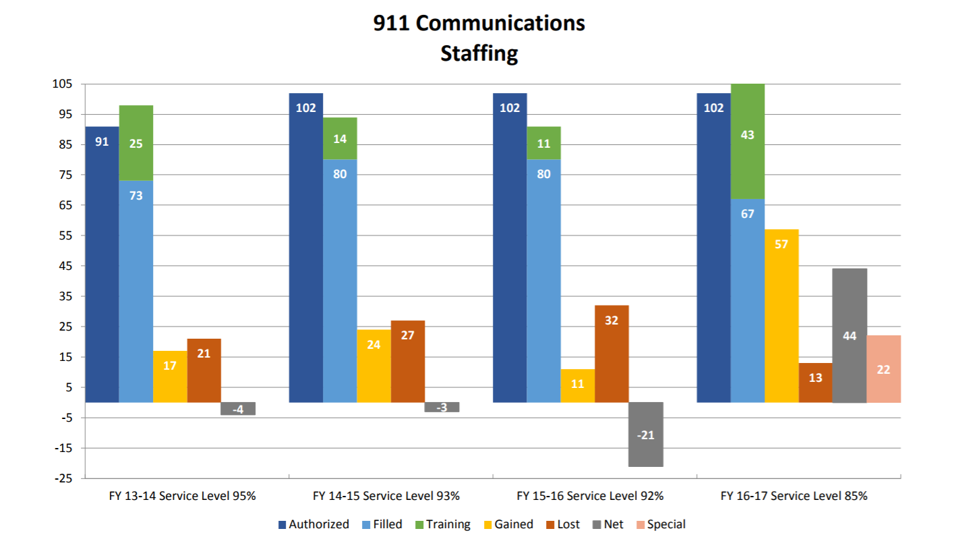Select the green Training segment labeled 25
pyautogui.click(x=136, y=143)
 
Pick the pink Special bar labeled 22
pyautogui.click(x=883, y=369)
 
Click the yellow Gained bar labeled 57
pyautogui.click(x=781, y=316)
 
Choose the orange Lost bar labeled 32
pyautogui.click(x=611, y=354)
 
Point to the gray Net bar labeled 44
pyautogui.click(x=849, y=335)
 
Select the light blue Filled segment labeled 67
pyautogui.click(x=748, y=300)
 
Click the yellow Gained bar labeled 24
pyautogui.click(x=374, y=366)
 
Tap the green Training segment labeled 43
pyautogui.click(x=748, y=142)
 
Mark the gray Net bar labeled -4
pyautogui.click(x=237, y=409)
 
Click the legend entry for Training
pyautogui.click(x=443, y=524)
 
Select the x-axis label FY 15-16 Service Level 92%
pyautogui.click(x=590, y=496)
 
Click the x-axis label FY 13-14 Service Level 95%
pyautogui.click(x=182, y=496)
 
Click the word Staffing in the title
pyautogui.click(x=479, y=53)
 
